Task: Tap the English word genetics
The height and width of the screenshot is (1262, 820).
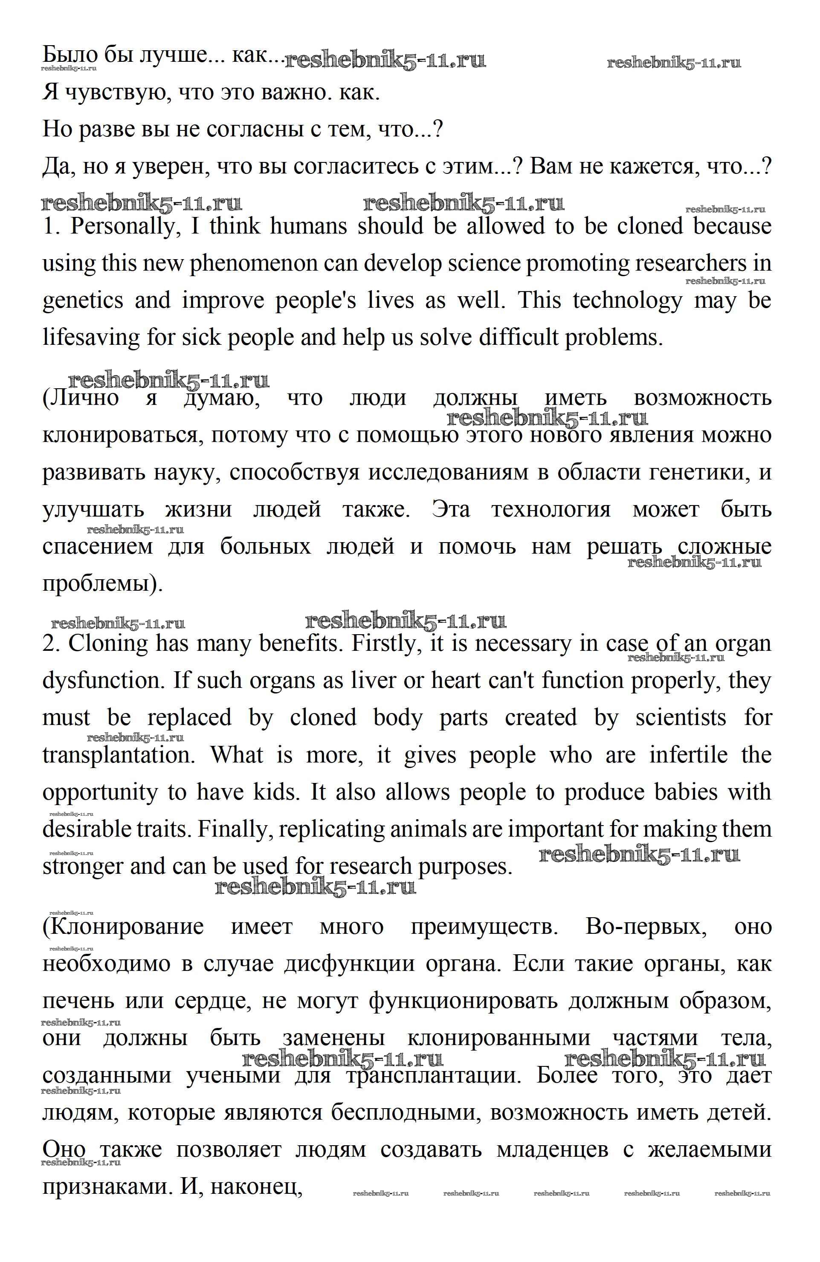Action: point(83,300)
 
